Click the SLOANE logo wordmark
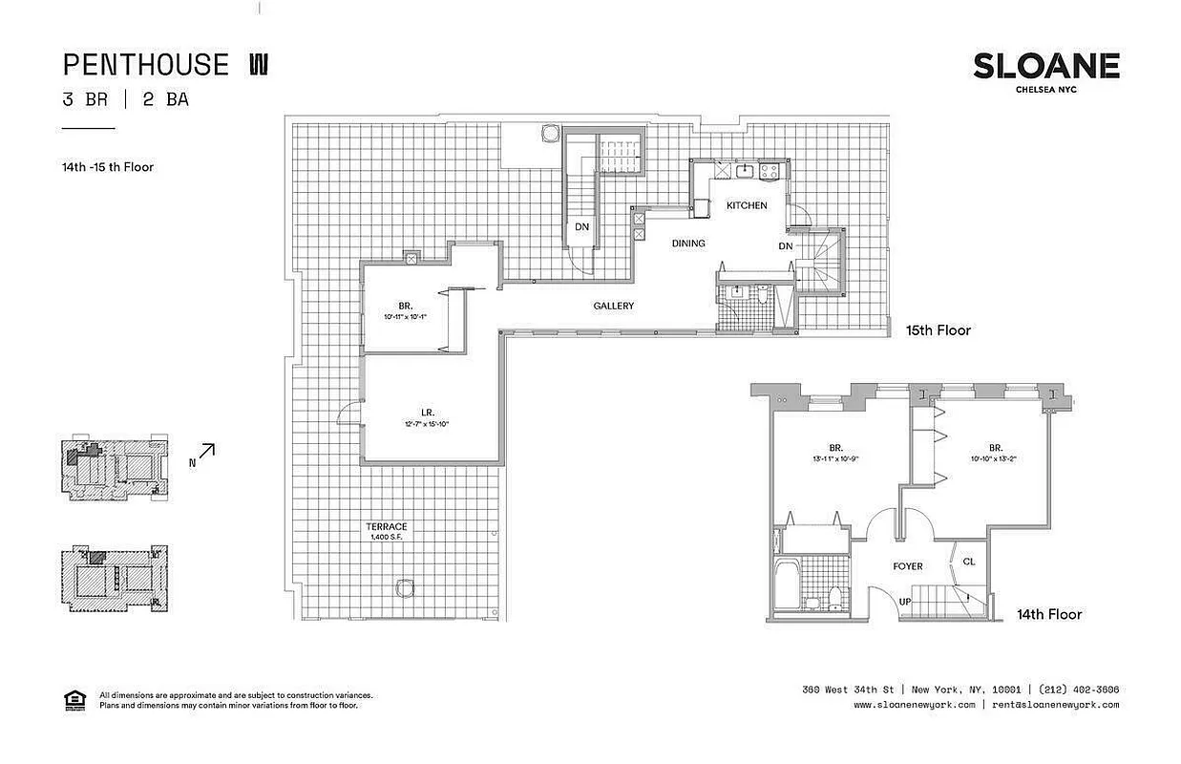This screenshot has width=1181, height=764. click(1046, 66)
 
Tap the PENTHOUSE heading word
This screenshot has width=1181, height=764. click(146, 65)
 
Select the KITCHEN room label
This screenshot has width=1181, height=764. click(747, 205)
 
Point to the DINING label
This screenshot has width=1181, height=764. click(688, 244)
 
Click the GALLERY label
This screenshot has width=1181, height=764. click(614, 306)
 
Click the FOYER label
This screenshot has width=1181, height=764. click(908, 566)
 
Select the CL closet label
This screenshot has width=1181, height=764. click(969, 562)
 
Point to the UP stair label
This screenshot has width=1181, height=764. click(906, 602)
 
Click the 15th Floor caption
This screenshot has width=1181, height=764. click(938, 330)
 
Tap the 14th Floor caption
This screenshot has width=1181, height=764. click(1049, 614)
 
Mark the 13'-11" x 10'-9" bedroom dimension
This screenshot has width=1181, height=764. click(835, 457)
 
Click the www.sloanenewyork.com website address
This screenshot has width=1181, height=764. click(914, 705)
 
